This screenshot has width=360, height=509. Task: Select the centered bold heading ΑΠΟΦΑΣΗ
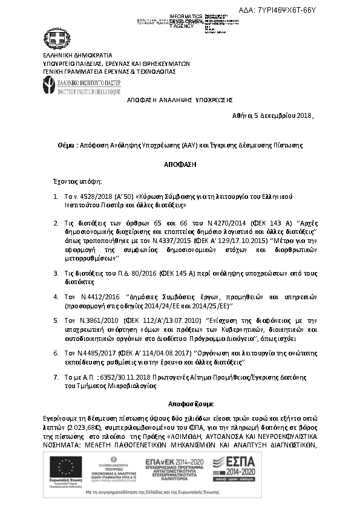pos(180,164)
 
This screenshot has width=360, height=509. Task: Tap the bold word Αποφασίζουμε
pos(186,403)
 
